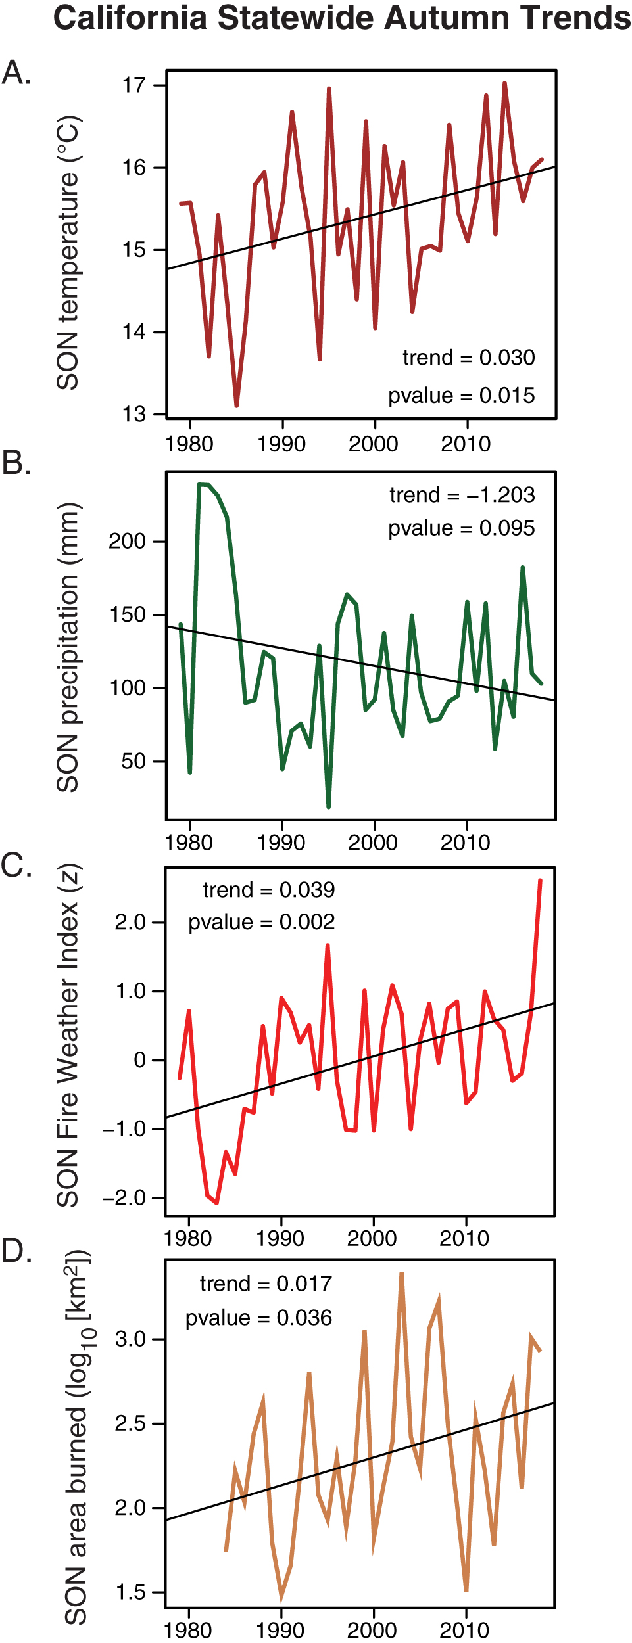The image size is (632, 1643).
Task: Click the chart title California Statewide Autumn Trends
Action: click(x=342, y=18)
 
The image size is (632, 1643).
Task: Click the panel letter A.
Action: click(x=16, y=72)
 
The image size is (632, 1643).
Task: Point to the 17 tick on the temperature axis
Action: click(x=134, y=85)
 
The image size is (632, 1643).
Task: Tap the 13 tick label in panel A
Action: click(x=134, y=414)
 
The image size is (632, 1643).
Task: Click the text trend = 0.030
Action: click(x=468, y=358)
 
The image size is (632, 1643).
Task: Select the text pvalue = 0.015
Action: click(x=461, y=396)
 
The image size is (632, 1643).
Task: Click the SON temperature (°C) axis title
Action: click(x=68, y=253)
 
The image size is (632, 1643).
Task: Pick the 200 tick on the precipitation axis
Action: click(x=127, y=542)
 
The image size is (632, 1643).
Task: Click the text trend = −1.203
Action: click(x=462, y=495)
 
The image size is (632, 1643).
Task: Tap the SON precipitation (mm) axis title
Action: click(x=68, y=647)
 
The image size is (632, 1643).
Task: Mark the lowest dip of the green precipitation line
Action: click(x=329, y=806)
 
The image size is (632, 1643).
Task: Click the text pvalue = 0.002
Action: click(x=261, y=922)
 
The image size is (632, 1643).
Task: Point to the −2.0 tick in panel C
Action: click(x=124, y=1198)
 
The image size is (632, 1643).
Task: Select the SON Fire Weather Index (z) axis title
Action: click(x=68, y=1036)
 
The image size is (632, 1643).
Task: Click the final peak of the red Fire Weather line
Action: click(x=540, y=881)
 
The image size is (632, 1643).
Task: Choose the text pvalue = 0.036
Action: click(x=258, y=1318)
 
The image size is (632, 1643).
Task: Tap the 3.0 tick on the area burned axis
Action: click(x=130, y=1339)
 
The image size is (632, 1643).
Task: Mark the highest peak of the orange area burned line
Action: click(x=401, y=1274)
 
